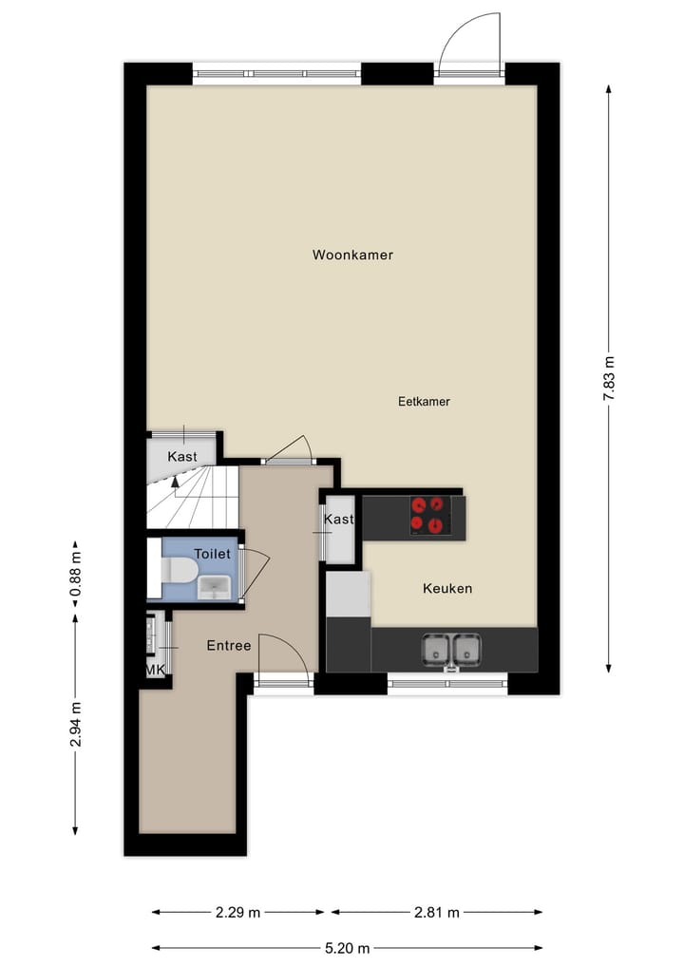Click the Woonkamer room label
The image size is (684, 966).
click(352, 255)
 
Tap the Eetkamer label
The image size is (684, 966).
click(424, 402)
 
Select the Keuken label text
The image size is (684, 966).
click(446, 589)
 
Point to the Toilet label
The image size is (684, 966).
click(212, 553)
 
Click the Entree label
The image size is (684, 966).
click(229, 646)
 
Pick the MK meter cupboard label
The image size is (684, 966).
click(155, 670)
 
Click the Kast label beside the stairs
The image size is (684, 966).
click(182, 457)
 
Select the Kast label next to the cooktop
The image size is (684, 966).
click(338, 520)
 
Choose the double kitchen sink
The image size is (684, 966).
click(451, 649)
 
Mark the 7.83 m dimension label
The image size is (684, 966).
click(609, 378)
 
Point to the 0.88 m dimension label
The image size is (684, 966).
click(76, 573)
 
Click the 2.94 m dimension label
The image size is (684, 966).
click(76, 723)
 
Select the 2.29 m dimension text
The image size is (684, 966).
click(237, 913)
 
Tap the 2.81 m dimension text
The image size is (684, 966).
click(436, 913)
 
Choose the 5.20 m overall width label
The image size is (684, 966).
click(347, 947)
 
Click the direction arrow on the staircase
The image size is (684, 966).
click(175, 482)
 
